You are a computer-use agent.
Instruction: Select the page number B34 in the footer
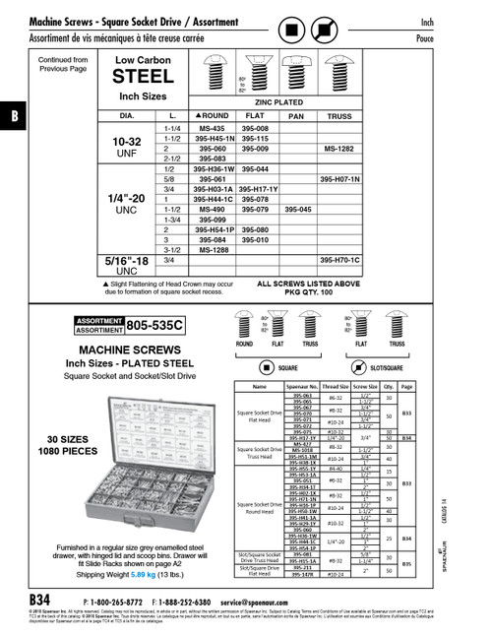tap(40, 600)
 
